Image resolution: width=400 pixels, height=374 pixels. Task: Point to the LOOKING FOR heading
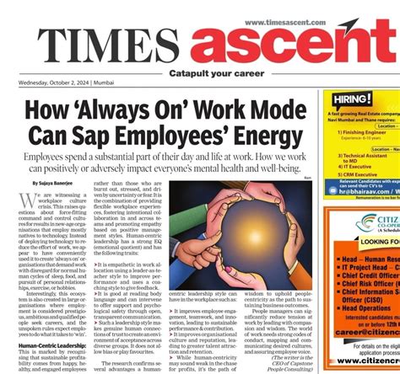pyautogui.click(x=375, y=241)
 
